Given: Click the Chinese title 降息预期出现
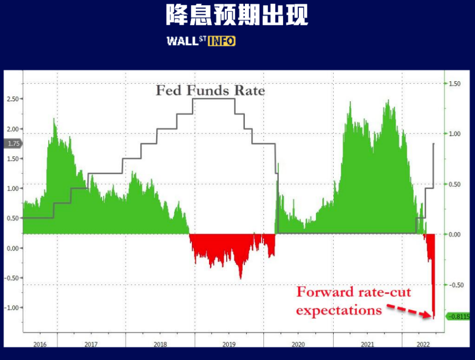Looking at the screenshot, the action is pyautogui.click(x=237, y=15).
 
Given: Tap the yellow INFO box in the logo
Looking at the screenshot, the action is pyautogui.click(x=222, y=41).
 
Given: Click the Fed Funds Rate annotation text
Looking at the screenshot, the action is pyautogui.click(x=210, y=90).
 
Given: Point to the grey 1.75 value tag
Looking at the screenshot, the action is pyautogui.click(x=13, y=143).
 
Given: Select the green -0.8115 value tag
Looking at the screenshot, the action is pyautogui.click(x=458, y=317).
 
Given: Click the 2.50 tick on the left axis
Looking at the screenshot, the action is pyautogui.click(x=12, y=99).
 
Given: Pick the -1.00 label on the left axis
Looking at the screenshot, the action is pyautogui.click(x=11, y=307).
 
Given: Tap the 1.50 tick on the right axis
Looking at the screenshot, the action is pyautogui.click(x=454, y=84).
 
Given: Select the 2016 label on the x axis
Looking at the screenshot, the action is pyautogui.click(x=40, y=344).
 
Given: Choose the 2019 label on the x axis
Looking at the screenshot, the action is pyautogui.click(x=229, y=344).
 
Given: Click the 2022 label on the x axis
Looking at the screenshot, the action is pyautogui.click(x=423, y=344).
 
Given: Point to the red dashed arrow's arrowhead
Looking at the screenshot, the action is pyautogui.click(x=428, y=315).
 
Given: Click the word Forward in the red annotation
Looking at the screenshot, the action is pyautogui.click(x=325, y=292).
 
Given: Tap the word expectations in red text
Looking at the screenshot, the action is pyautogui.click(x=339, y=311).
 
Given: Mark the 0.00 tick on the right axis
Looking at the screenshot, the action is pyautogui.click(x=454, y=234).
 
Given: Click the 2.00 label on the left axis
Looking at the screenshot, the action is pyautogui.click(x=12, y=129).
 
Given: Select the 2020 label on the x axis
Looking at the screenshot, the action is pyautogui.click(x=298, y=344).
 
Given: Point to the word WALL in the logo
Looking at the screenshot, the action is pyautogui.click(x=183, y=41).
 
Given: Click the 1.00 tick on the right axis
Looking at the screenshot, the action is pyautogui.click(x=454, y=134).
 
